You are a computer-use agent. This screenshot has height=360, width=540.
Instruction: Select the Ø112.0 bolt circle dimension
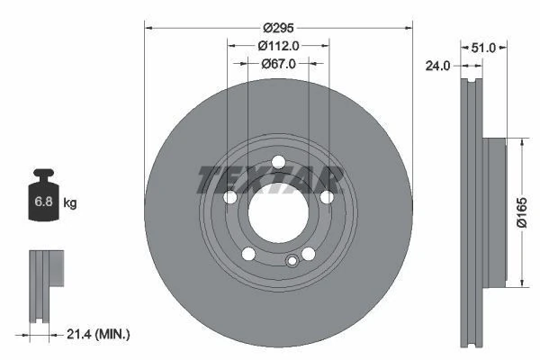(278, 46)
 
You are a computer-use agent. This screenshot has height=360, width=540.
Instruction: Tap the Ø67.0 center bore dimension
(278, 64)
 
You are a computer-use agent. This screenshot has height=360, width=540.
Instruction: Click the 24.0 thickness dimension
(438, 65)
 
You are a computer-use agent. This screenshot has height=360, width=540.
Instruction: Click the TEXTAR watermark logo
(270, 179)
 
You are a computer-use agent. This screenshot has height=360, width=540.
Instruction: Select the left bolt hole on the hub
(229, 197)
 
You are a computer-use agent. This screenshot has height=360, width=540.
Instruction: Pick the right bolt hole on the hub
(327, 197)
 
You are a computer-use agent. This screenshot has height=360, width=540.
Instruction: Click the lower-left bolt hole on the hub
(248, 254)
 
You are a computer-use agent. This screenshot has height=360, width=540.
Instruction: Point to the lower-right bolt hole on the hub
(309, 254)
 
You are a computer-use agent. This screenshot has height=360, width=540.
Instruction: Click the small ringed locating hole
(291, 262)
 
